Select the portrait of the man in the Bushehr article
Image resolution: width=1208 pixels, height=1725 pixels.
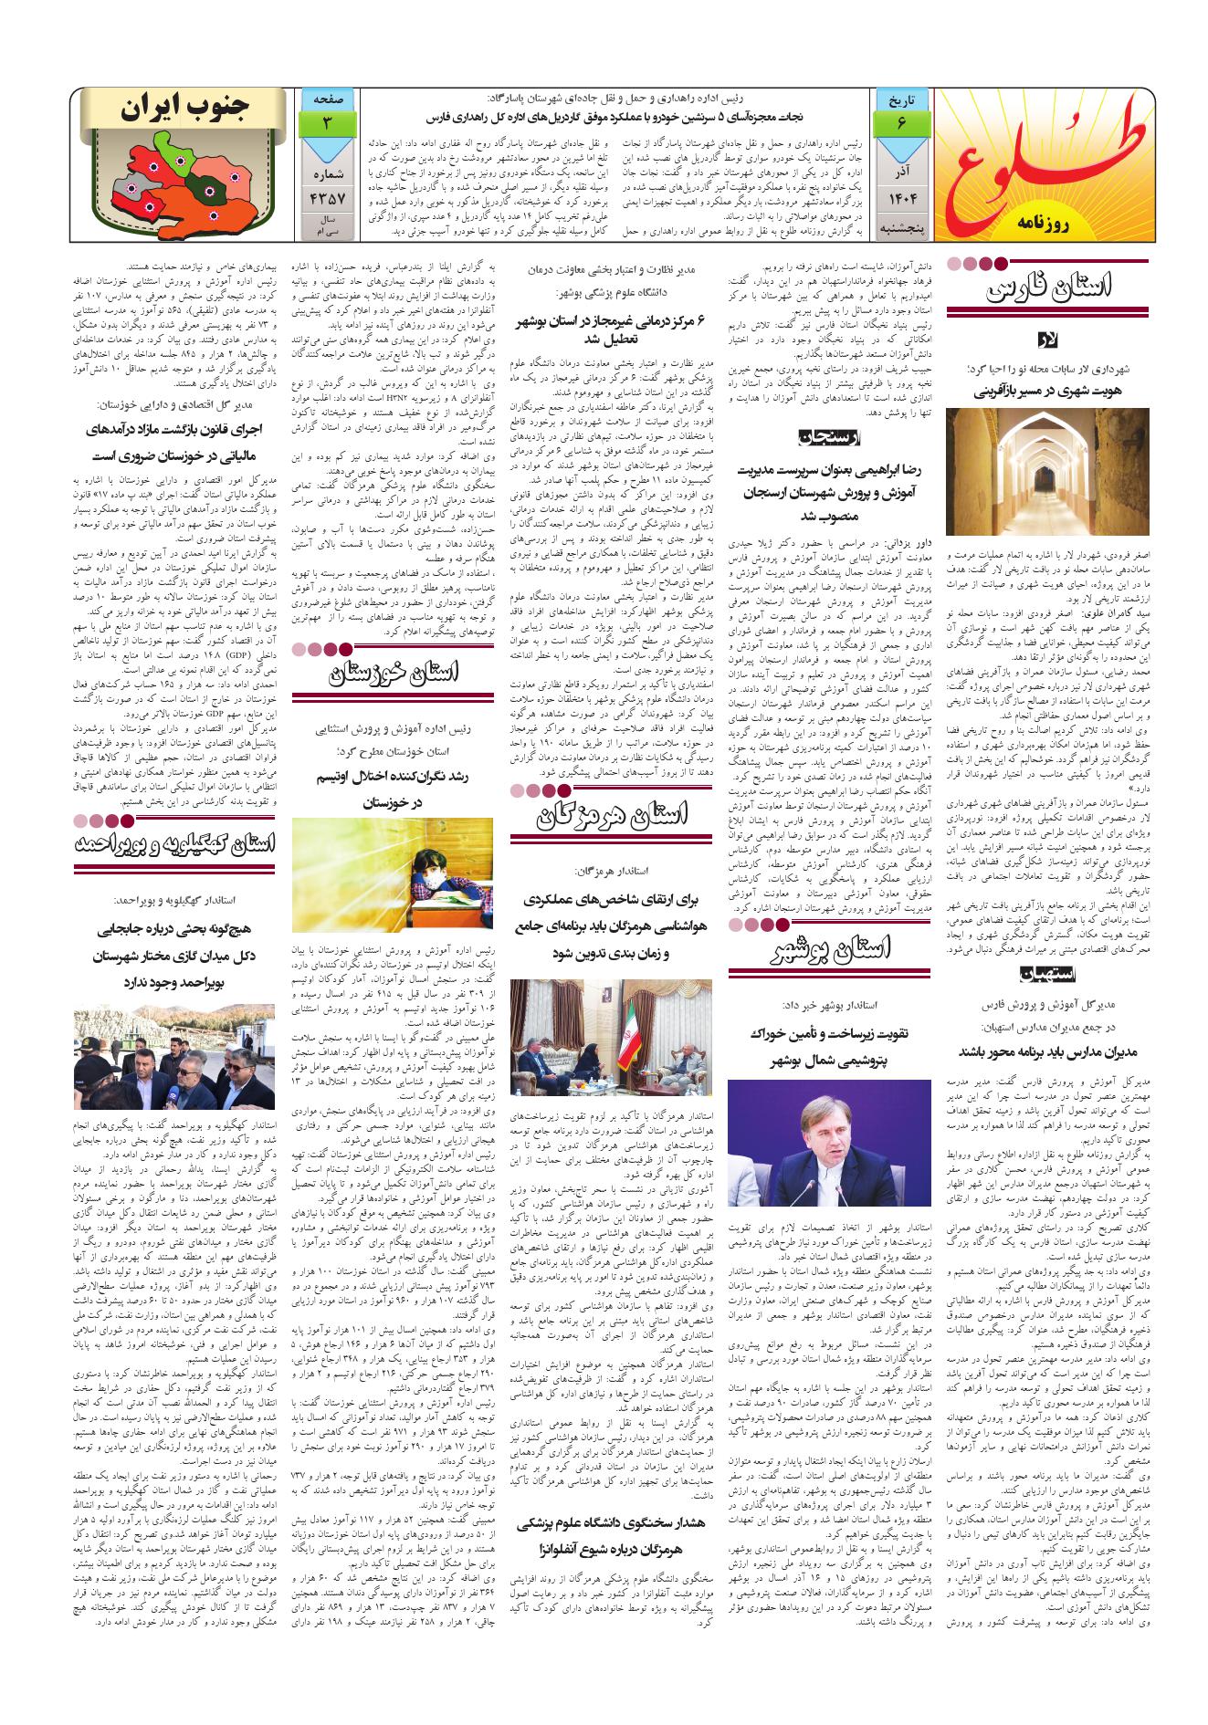click(x=829, y=1142)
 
